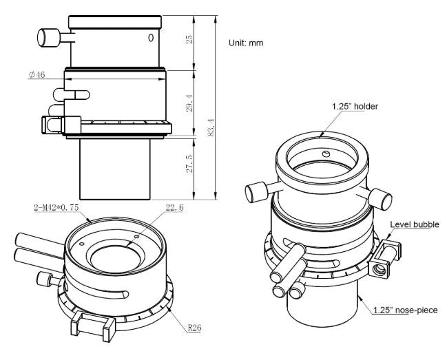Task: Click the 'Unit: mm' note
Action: point(246,43)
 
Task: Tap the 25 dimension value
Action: point(189,39)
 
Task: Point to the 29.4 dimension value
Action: point(189,103)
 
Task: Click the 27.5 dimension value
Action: point(189,164)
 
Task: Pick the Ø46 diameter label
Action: point(37,74)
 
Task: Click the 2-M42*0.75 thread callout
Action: point(56,208)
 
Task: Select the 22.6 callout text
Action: point(174,208)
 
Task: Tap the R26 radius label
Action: point(194,328)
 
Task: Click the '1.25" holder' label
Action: point(355,107)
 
